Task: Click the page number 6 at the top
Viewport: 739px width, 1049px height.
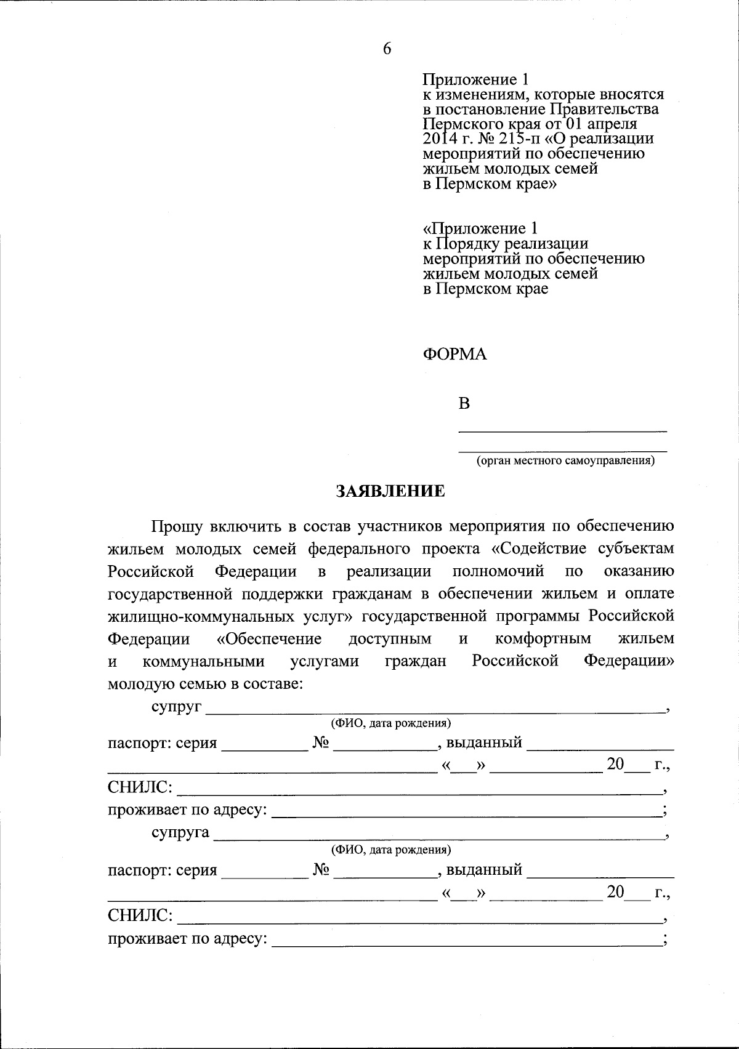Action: [387, 49]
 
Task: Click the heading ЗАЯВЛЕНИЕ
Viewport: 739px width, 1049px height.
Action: [390, 491]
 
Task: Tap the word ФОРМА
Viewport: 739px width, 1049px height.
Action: [454, 355]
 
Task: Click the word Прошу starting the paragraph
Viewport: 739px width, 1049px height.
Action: [177, 526]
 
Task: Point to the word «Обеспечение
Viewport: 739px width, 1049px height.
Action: [269, 638]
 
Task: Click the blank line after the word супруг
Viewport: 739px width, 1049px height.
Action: [435, 709]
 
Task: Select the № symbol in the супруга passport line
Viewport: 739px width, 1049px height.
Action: [321, 870]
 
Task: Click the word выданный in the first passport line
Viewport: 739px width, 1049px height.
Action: [484, 742]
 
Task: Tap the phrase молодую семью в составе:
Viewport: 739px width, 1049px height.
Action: [205, 684]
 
